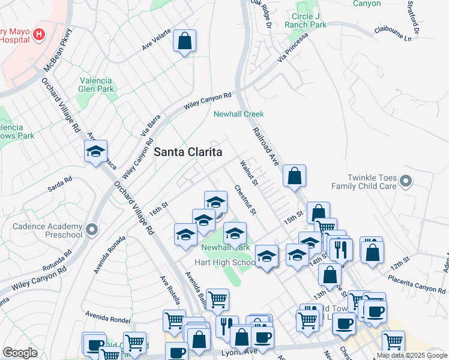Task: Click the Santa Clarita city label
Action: pyautogui.click(x=188, y=152)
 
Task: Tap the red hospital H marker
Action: pyautogui.click(x=40, y=34)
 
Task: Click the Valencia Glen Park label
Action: pyautogui.click(x=96, y=84)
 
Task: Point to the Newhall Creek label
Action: pyautogui.click(x=239, y=114)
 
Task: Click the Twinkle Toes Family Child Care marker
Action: pyautogui.click(x=406, y=180)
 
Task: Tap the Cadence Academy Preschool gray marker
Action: pyautogui.click(x=91, y=229)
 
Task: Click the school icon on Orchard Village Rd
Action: pyautogui.click(x=95, y=152)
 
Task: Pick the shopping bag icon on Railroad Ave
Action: pyautogui.click(x=294, y=176)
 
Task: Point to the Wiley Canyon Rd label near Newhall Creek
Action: pyautogui.click(x=207, y=101)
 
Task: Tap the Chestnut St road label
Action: pyautogui.click(x=246, y=200)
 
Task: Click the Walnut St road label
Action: pyautogui.click(x=248, y=172)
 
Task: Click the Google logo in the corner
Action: pyautogui.click(x=20, y=353)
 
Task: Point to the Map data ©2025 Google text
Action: pyautogui.click(x=412, y=355)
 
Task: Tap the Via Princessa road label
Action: pyautogui.click(x=292, y=47)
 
